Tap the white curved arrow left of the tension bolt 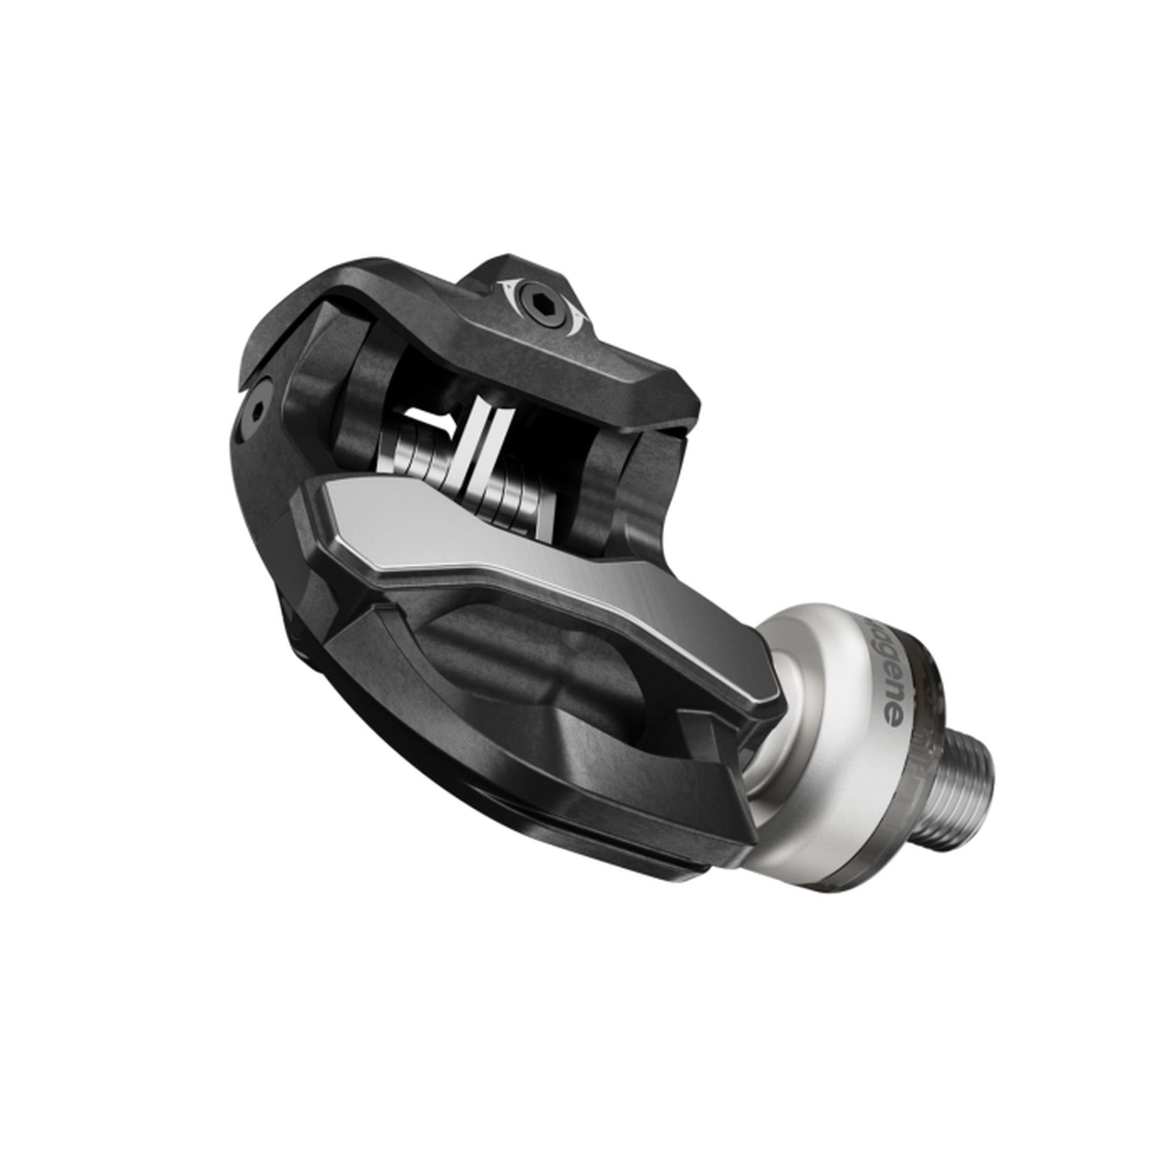tap(508, 290)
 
